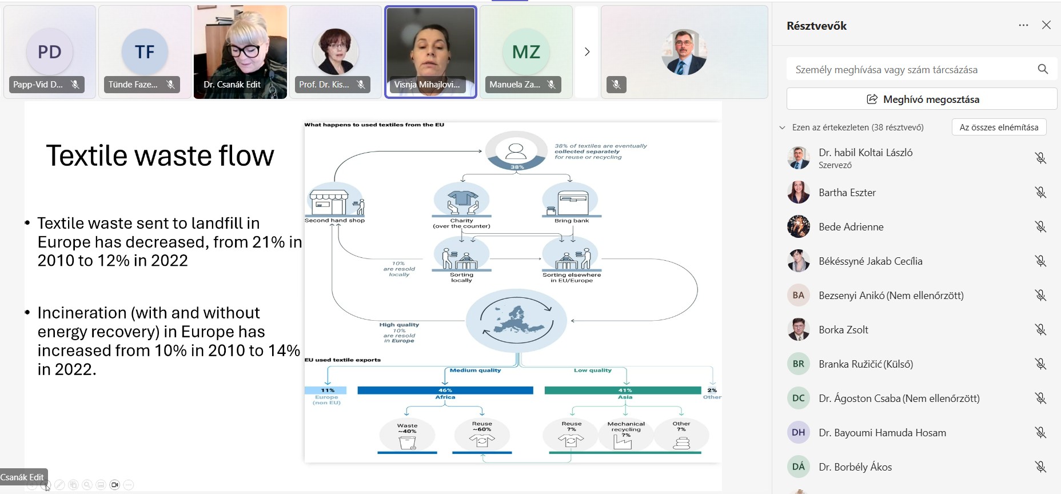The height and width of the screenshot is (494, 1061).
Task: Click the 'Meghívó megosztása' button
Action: tap(922, 99)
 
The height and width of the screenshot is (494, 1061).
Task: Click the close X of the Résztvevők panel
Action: tap(1046, 25)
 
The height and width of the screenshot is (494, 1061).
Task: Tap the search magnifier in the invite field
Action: tap(1043, 69)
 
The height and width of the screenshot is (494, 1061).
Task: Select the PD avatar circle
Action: tap(50, 52)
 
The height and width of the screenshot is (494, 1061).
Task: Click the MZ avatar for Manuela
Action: tap(526, 52)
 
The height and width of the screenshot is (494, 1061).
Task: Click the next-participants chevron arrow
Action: tap(587, 52)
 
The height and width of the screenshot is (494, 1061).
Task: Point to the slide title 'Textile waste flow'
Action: tap(160, 156)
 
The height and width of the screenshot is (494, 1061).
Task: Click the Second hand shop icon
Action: tap(335, 201)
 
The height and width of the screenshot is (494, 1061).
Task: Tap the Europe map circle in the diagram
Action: tap(516, 320)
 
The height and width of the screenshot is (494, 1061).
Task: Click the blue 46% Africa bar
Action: tap(445, 391)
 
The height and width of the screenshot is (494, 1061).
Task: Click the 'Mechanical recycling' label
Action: tap(626, 427)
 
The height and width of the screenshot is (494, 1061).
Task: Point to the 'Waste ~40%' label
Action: tap(407, 428)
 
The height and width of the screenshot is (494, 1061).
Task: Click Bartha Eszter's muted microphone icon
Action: tap(1040, 193)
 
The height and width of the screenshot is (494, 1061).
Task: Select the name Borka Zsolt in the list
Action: tap(843, 330)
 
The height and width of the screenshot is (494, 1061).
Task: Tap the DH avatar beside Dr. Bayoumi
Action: tap(799, 433)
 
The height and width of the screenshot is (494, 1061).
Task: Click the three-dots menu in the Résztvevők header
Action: tap(1023, 25)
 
